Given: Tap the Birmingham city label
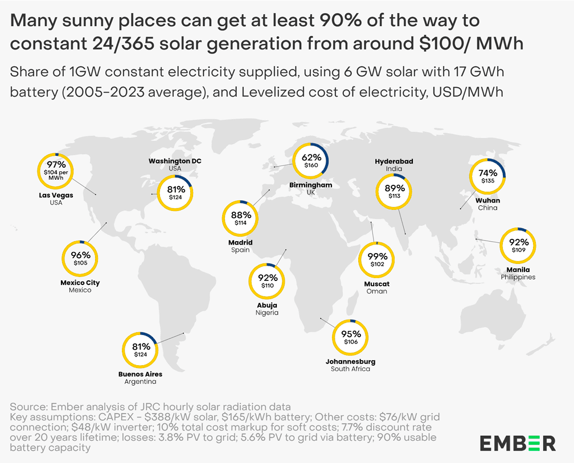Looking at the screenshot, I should tap(310, 185).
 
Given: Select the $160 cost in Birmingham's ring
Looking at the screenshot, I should tap(311, 166).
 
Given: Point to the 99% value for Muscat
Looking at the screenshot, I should tap(377, 256).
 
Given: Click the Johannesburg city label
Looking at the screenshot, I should tap(350, 361).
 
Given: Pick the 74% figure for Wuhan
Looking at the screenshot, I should tap(488, 172).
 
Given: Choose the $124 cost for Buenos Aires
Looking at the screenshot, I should tap(141, 354).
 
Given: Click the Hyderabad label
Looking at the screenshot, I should tap(393, 162).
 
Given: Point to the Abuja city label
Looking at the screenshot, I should tap(268, 305).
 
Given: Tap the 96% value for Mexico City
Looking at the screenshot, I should tap(80, 255).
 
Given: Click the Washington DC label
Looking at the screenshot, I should tap(175, 161).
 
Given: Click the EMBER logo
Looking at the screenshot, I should tap(517, 443).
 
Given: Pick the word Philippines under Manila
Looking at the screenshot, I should tap(518, 277).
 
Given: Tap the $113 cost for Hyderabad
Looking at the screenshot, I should tap(395, 196).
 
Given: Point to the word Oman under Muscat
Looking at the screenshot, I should tap(377, 291).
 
